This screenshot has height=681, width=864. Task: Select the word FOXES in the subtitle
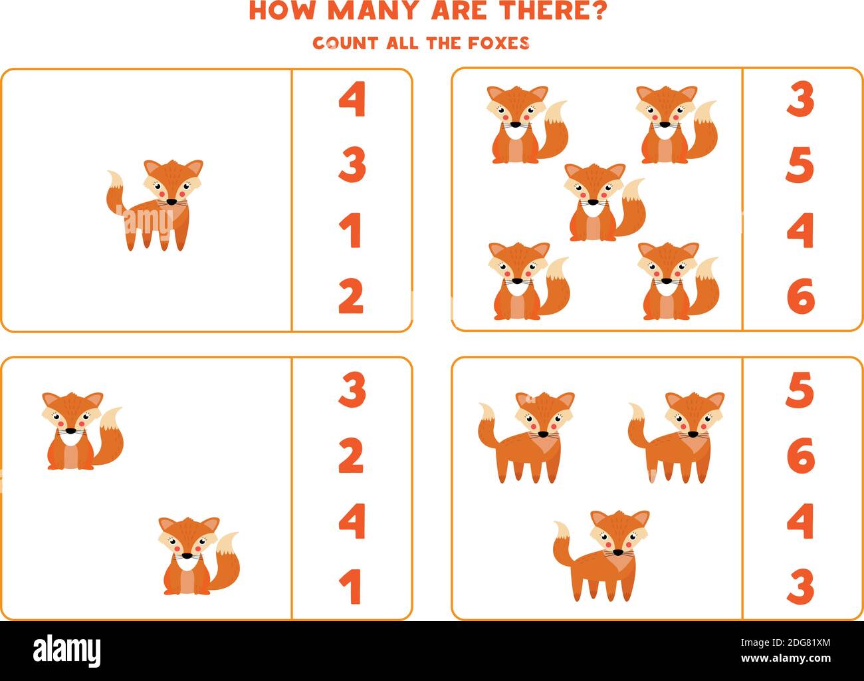502,43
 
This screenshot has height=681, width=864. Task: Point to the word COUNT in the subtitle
345,43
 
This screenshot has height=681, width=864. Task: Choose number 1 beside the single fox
351,231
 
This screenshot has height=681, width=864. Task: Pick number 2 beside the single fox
351,297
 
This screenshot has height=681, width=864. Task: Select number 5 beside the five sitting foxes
800,166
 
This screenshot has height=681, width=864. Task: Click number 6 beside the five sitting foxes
800,297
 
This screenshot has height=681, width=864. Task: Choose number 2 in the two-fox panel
351,456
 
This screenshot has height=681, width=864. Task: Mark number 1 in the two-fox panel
351,587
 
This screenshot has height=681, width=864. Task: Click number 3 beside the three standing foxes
800,587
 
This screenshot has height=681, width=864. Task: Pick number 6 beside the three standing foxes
800,456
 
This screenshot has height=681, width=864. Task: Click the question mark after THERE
597,11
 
